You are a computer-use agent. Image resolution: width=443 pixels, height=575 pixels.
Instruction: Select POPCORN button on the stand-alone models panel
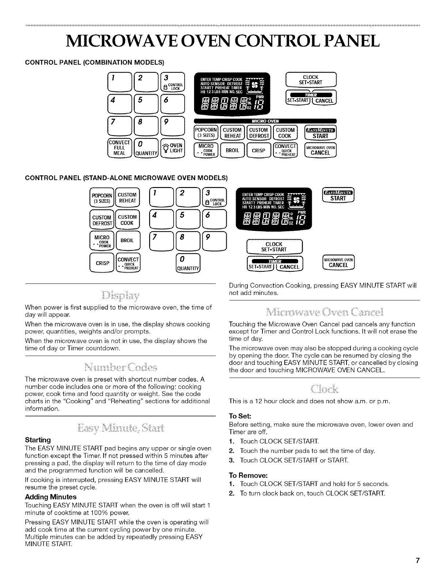102,197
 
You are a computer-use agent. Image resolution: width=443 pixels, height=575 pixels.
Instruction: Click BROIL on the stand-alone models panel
128,240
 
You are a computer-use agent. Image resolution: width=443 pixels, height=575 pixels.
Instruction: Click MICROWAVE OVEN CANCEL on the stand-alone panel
338,263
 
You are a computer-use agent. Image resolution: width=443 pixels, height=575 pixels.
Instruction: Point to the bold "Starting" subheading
38,439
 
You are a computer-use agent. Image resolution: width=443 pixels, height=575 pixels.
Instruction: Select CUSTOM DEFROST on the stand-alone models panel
102,220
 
